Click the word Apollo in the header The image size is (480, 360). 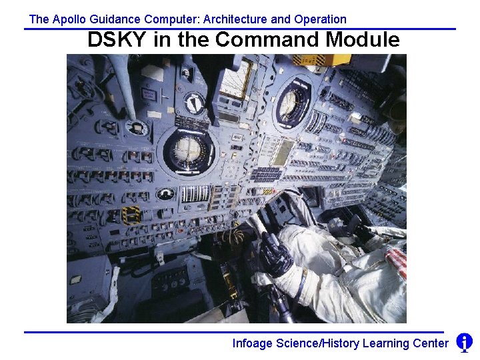click(x=69, y=19)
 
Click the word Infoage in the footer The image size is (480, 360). click(x=252, y=343)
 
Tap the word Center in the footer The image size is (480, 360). click(x=430, y=343)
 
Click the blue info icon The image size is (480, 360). click(x=465, y=343)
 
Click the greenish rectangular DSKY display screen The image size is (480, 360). click(x=283, y=153)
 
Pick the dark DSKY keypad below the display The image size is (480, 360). click(x=267, y=174)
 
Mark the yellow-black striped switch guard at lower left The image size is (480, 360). click(x=131, y=215)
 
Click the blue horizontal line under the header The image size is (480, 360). click(x=240, y=29)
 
